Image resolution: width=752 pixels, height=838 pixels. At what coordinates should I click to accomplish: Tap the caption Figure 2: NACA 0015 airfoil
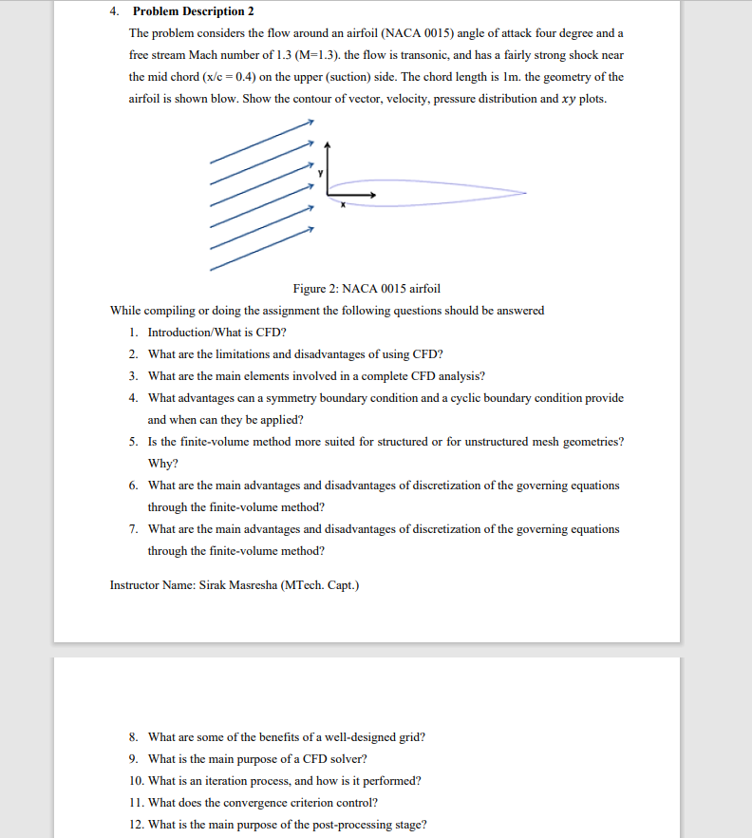[x=367, y=289]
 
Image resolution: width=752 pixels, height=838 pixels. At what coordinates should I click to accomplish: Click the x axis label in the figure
[x=344, y=204]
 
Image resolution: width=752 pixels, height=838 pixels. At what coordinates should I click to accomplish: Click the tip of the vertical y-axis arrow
[x=328, y=144]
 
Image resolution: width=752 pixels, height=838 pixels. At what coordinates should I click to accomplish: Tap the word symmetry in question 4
[x=321, y=398]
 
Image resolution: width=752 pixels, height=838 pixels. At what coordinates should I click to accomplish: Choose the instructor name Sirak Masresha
[x=238, y=585]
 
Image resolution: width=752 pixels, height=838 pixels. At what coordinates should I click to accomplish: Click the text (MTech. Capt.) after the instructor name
[x=321, y=585]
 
